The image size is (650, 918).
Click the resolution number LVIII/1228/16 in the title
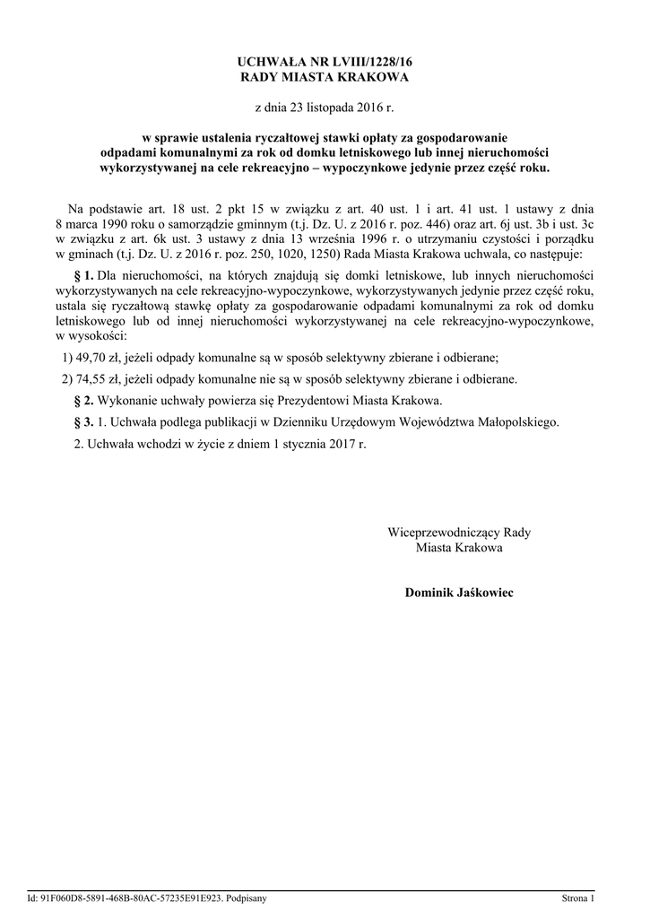pos(365,62)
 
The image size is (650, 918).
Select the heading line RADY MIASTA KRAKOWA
pos(325,78)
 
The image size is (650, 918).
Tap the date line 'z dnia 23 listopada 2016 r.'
pos(325,108)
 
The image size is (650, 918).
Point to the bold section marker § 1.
pos(82,273)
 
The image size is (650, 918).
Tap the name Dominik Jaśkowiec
pos(459,593)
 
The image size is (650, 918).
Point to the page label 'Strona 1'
pos(577,896)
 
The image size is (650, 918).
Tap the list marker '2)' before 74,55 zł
pos(66,378)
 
